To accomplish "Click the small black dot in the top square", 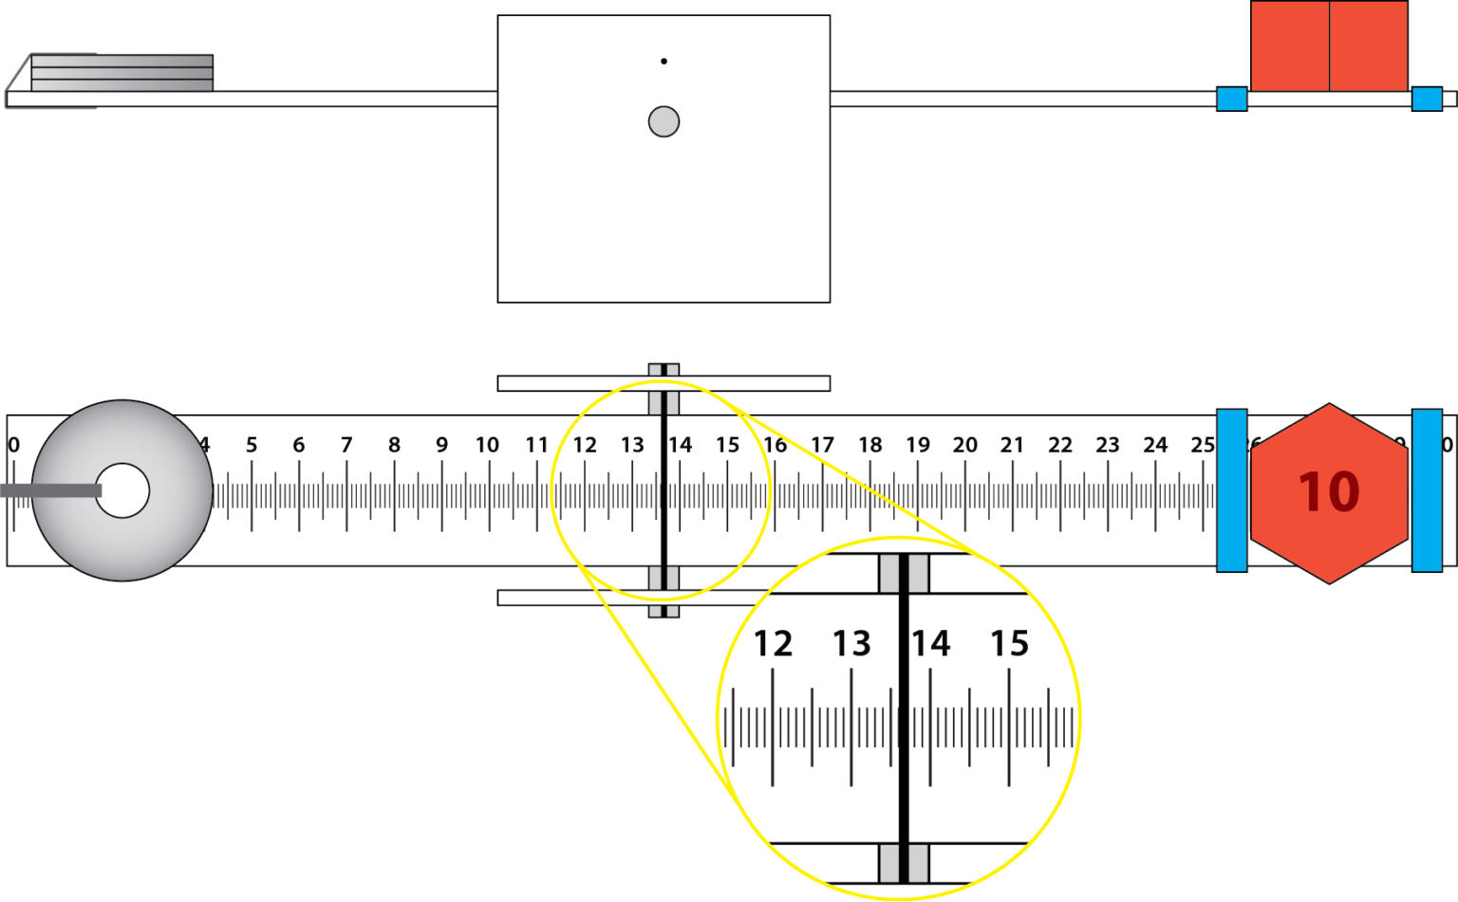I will (x=664, y=62).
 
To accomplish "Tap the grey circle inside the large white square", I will (x=664, y=121).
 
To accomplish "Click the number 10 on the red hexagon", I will (x=1329, y=492).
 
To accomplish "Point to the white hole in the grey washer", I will (x=122, y=490).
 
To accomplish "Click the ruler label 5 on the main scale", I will (x=252, y=445).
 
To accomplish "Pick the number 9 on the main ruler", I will (x=441, y=445).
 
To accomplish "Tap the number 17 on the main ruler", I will (x=822, y=445).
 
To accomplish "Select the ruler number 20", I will (x=964, y=445).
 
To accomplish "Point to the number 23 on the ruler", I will (x=1107, y=445).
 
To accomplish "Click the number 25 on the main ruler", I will (x=1202, y=445).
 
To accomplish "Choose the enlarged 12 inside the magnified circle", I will (x=773, y=644).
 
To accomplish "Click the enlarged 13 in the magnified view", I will (x=851, y=644).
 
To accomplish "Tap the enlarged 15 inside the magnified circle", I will (x=1009, y=644).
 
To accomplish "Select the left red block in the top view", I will (x=1289, y=46).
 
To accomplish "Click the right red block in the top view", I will (x=1368, y=46).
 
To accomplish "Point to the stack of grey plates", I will (x=121, y=73).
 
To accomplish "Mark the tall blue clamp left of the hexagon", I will (x=1231, y=490).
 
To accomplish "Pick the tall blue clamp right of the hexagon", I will (x=1427, y=490).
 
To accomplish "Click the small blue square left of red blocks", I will (x=1231, y=99).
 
